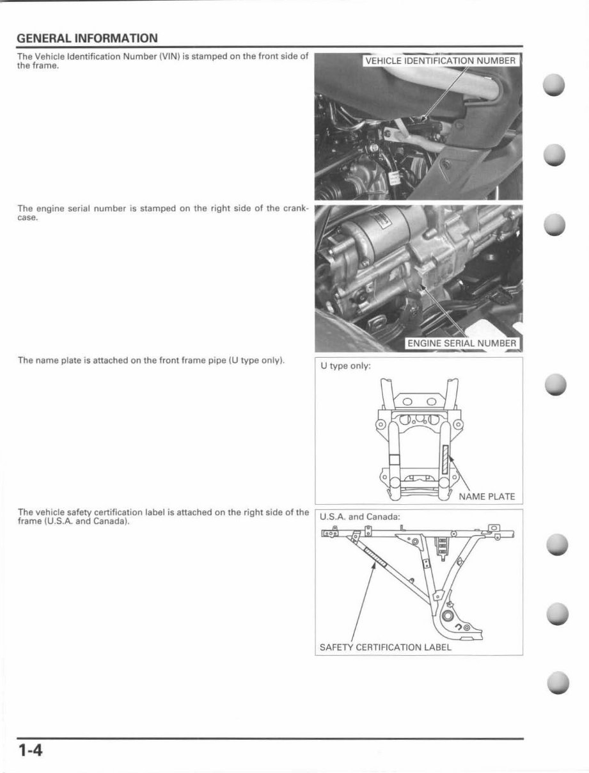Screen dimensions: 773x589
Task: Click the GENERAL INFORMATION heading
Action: coord(87,38)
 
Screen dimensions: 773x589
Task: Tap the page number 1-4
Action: coord(30,749)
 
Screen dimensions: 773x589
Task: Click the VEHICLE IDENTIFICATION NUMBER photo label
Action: coord(440,61)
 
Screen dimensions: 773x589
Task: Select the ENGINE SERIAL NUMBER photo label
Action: coord(461,344)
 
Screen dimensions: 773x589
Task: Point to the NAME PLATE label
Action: coord(487,497)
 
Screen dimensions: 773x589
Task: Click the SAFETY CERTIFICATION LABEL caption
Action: coord(385,647)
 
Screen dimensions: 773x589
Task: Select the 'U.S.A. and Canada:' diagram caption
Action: coord(359,516)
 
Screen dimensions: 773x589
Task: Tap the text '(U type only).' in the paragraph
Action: coord(256,360)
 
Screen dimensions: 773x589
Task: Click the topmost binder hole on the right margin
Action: coord(555,85)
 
